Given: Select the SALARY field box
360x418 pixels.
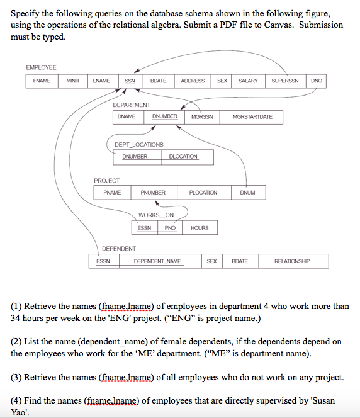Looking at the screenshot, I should pos(248,81).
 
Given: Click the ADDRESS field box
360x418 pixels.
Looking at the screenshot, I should pos(193,81).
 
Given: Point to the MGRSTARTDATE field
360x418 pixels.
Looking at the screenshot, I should pos(252,117).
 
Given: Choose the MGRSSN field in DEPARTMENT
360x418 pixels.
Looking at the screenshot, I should pos(202,117).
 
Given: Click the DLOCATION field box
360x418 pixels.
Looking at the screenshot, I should pos(183,156).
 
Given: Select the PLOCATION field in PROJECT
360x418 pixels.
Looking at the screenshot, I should pos(203,192).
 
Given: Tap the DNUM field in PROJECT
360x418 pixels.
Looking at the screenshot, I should pos(247,192).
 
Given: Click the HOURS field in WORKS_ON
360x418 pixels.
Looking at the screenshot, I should pos(200,227).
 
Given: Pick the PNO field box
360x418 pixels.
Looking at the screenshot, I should pos(169,227).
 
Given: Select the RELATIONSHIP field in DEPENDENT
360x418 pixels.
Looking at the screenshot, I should pos(293,261).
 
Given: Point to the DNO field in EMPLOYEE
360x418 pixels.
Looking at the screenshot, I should pos(316,81).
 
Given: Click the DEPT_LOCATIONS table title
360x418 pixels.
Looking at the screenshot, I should pos(138,145).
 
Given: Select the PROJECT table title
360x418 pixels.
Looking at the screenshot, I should pos(106,181).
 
